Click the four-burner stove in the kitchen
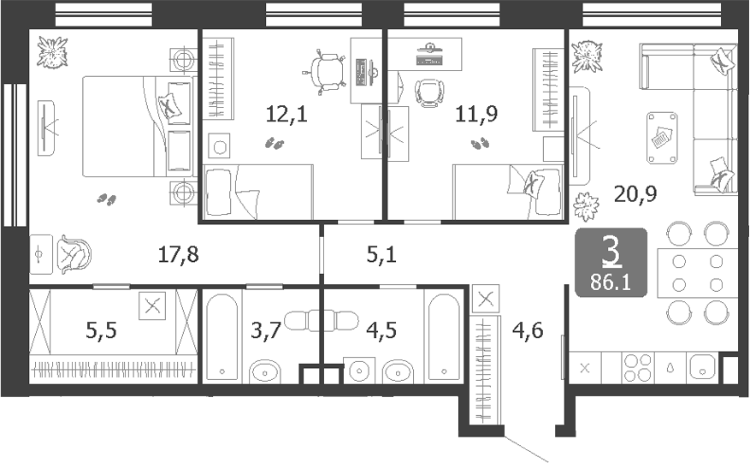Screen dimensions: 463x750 pos(637,367)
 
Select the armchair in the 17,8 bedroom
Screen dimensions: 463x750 pos(74,254)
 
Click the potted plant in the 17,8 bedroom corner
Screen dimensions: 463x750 pos(53,52)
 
